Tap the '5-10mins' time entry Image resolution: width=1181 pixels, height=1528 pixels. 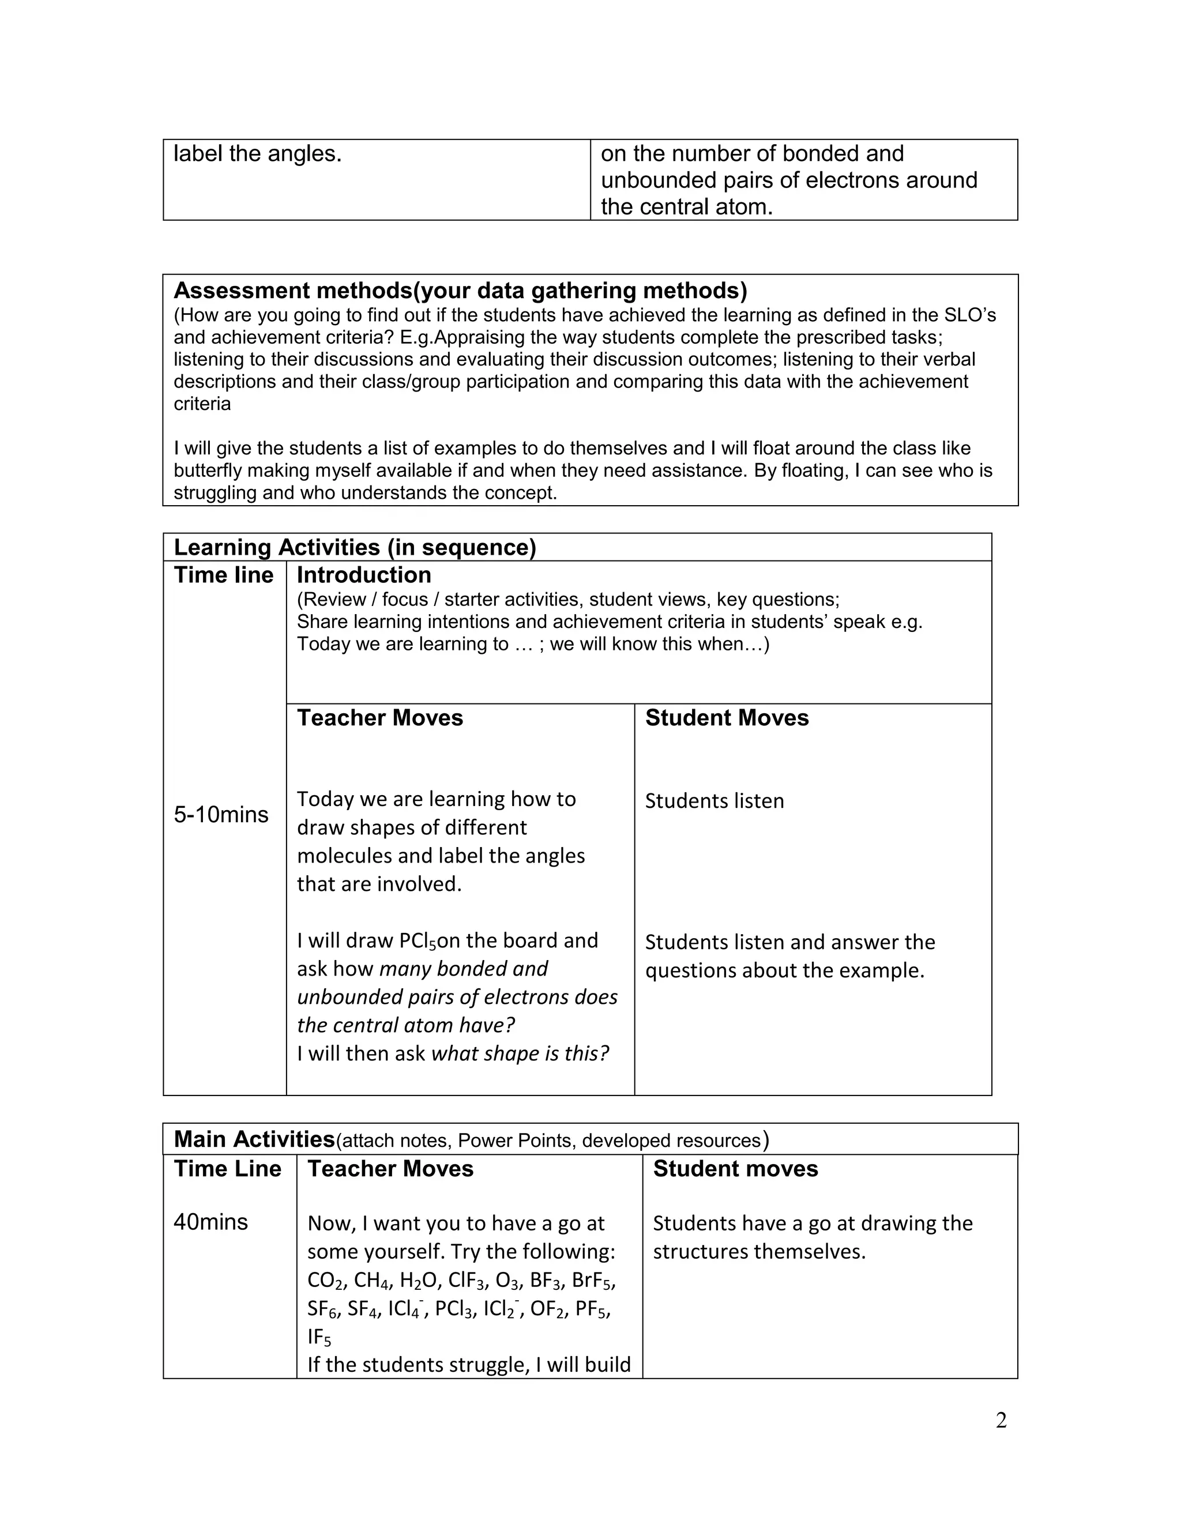[221, 814]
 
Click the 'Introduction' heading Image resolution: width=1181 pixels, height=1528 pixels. [364, 575]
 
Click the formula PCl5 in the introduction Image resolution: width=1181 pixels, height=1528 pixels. [418, 942]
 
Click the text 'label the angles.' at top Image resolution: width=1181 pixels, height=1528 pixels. [257, 154]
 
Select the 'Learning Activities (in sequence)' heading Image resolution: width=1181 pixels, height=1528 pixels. [355, 547]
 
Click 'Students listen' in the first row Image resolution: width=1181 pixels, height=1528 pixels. [714, 801]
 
